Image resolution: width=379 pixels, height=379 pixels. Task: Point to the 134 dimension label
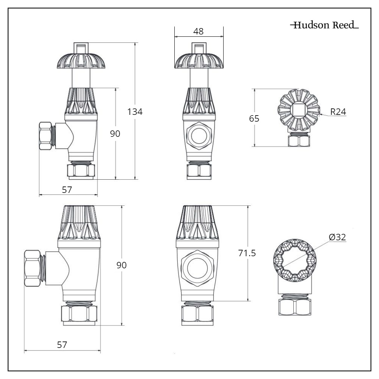pyautogui.click(x=135, y=112)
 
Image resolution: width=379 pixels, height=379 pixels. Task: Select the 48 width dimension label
pyautogui.click(x=198, y=31)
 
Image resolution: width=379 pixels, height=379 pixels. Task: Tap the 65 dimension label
pyautogui.click(x=254, y=119)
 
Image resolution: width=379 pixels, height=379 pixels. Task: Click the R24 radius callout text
pyautogui.click(x=338, y=112)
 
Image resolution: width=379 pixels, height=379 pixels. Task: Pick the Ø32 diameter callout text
pyautogui.click(x=337, y=237)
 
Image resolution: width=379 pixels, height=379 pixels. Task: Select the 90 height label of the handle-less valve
pyautogui.click(x=121, y=265)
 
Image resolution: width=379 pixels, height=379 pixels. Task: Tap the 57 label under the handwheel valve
pyautogui.click(x=67, y=189)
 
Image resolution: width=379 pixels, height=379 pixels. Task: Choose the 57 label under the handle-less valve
pyautogui.click(x=62, y=345)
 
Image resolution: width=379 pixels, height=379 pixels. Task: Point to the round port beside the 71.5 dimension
pyautogui.click(x=198, y=265)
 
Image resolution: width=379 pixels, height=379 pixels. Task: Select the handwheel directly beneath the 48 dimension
pyautogui.click(x=199, y=61)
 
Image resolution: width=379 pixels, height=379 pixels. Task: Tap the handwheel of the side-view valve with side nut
pyautogui.click(x=81, y=61)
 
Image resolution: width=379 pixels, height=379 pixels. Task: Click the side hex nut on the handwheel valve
pyautogui.click(x=46, y=136)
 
